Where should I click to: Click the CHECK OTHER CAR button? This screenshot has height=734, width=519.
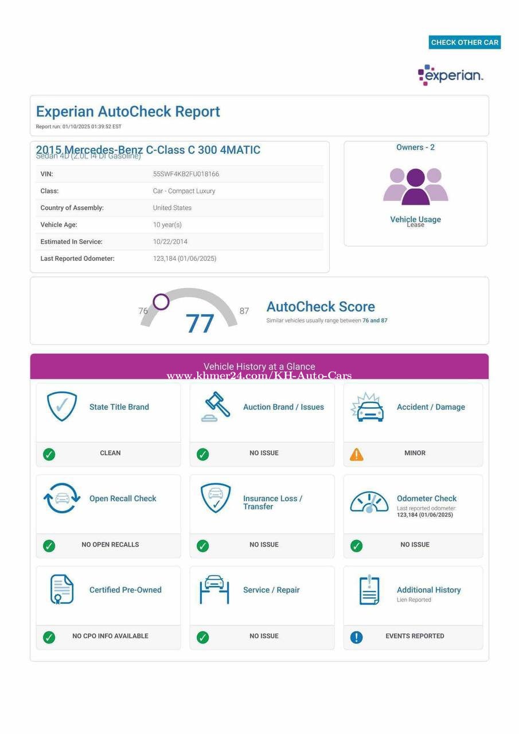pos(465,42)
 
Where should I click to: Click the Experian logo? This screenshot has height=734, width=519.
pos(450,75)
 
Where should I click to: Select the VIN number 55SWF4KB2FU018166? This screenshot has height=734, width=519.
pos(186,174)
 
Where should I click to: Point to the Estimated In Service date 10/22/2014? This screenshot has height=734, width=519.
pos(170,241)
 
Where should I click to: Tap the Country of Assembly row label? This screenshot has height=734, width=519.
pos(72,208)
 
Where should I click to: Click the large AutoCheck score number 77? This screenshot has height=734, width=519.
pos(200,323)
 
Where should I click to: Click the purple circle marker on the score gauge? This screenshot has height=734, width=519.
pos(161,302)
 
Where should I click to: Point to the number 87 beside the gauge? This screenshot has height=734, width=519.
pos(244,311)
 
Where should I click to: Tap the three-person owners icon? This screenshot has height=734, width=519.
pos(415,186)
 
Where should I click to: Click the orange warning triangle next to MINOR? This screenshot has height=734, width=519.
pos(357,454)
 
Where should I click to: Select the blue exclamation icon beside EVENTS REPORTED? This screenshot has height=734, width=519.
pos(356,637)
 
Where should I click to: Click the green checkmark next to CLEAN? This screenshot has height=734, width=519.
pos(49,454)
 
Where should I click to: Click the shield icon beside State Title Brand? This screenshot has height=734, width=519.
pos(62,406)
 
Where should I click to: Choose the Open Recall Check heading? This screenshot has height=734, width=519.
pos(123,498)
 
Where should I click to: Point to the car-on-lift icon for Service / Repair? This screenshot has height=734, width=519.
pos(214,589)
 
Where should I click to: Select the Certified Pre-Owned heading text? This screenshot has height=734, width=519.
pos(125,589)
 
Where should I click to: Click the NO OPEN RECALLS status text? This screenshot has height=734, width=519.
pos(110,544)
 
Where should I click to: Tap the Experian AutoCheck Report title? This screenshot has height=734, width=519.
pos(128,111)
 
